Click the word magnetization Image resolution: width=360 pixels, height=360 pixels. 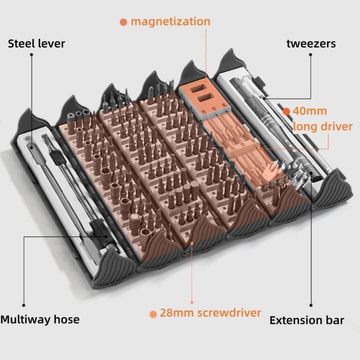[x=170, y=22]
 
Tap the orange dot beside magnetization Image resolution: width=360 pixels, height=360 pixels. [x=123, y=22]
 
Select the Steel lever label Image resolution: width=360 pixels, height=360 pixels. [x=37, y=44]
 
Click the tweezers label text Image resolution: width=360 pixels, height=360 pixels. [x=311, y=44]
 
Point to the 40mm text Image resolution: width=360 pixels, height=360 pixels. [x=310, y=111]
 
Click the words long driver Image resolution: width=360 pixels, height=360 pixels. [x=322, y=127]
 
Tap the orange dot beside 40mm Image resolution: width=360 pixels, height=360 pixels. [x=286, y=112]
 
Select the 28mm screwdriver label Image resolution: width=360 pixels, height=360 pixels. [x=210, y=313]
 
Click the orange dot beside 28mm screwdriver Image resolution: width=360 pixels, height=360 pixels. [x=153, y=314]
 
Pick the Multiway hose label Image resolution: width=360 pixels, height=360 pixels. [x=40, y=319]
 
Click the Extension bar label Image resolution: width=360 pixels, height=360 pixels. [x=307, y=320]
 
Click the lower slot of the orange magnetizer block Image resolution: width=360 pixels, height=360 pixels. [x=204, y=98]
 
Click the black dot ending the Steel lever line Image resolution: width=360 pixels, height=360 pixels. [x=31, y=55]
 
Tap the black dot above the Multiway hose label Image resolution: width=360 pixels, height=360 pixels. [x=24, y=305]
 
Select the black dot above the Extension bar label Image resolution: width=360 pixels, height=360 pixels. [x=311, y=305]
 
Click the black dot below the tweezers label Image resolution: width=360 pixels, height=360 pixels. [x=311, y=55]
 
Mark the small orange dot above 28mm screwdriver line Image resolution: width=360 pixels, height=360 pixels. [x=192, y=302]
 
